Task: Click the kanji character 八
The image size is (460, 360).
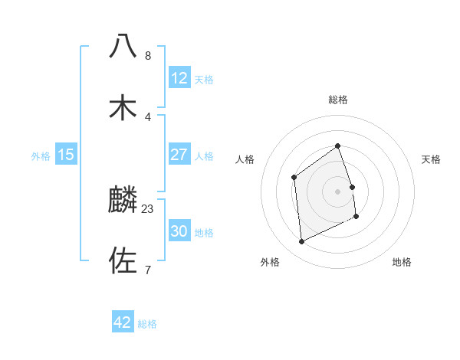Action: [x=123, y=46]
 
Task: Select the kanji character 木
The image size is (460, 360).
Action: [x=123, y=107]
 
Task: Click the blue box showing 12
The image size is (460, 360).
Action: [x=179, y=78]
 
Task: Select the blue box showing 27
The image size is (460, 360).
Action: [x=179, y=155]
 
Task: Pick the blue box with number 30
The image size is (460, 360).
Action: [x=179, y=231]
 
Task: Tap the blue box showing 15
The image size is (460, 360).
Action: [x=66, y=155]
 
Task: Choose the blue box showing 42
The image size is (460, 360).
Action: [x=123, y=322]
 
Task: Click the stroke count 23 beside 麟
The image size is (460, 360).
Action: [x=148, y=208]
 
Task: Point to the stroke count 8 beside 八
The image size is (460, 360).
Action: [x=148, y=55]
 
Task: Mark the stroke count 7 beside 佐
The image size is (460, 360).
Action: [x=148, y=270]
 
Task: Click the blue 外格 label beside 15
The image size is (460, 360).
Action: [x=41, y=155]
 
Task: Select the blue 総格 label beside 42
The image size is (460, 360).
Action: [x=147, y=324]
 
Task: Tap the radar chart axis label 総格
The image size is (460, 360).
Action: [x=338, y=100]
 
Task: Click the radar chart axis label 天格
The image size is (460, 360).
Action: [x=432, y=159]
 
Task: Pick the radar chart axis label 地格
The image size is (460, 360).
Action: [x=402, y=262]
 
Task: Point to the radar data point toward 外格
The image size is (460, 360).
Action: [x=301, y=242]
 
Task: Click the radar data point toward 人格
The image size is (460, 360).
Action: [x=294, y=178]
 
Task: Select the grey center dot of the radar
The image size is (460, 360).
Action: [x=338, y=191]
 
